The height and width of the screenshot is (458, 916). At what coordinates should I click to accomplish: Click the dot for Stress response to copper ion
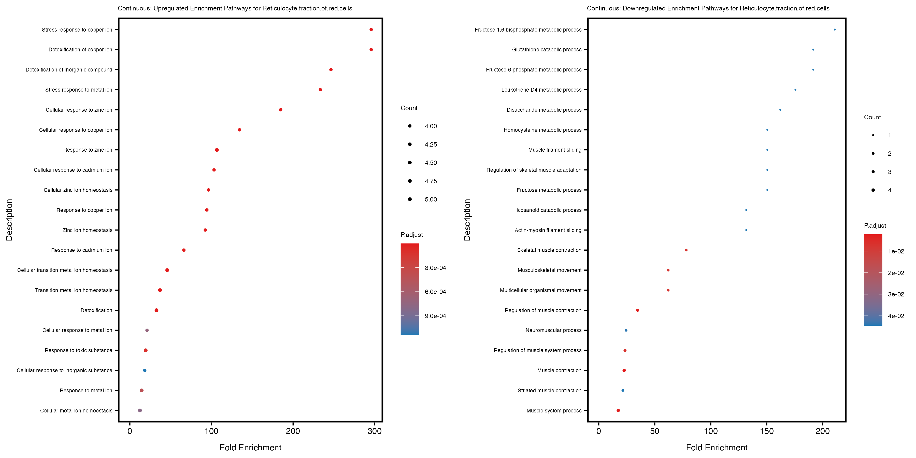371,30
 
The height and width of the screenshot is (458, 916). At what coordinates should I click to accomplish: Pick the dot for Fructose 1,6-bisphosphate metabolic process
835,30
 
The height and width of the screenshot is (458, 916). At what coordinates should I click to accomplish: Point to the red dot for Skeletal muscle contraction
686,250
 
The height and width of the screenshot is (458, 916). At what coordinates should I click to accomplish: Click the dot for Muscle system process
618,410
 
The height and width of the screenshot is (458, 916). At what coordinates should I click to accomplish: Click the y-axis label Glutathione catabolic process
547,49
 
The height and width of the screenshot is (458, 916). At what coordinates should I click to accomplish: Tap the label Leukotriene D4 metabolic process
541,90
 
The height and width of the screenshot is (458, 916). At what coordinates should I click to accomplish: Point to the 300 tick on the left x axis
375,431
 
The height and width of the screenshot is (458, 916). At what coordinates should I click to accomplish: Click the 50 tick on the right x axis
655,431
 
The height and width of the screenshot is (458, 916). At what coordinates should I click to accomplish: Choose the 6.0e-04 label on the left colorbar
435,292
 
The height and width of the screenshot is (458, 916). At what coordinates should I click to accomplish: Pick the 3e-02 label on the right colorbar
896,294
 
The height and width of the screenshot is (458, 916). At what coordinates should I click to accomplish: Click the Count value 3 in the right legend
889,172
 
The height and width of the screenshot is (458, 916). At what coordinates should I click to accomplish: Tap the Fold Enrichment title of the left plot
250,447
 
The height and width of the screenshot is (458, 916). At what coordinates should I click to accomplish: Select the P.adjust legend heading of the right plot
875,225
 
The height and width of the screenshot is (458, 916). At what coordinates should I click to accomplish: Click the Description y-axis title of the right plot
467,220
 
